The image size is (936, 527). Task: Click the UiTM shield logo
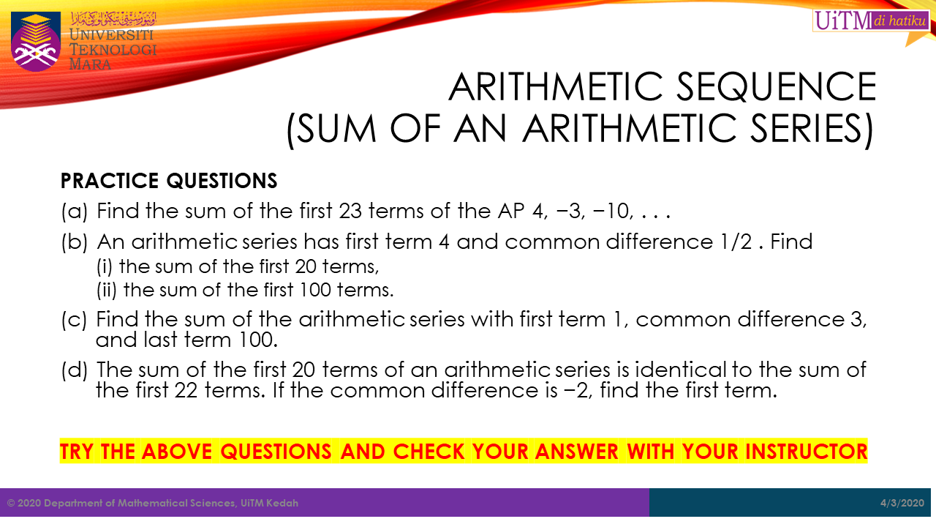pyautogui.click(x=36, y=42)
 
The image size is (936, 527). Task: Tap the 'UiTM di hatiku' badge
pyautogui.click(x=871, y=20)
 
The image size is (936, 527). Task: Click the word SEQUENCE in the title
pyautogui.click(x=776, y=86)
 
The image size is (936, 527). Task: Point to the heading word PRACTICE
pyautogui.click(x=110, y=181)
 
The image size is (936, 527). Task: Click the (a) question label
pyautogui.click(x=75, y=211)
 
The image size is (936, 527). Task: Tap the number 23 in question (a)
pyautogui.click(x=350, y=210)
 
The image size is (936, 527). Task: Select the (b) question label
pyautogui.click(x=75, y=242)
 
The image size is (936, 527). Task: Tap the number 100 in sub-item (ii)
pyautogui.click(x=315, y=290)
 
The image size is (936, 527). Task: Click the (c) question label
pyautogui.click(x=74, y=320)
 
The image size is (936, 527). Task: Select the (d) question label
pyautogui.click(x=75, y=370)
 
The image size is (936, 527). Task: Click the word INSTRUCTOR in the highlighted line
pyautogui.click(x=807, y=452)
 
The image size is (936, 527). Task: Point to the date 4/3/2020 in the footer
pyautogui.click(x=902, y=503)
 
